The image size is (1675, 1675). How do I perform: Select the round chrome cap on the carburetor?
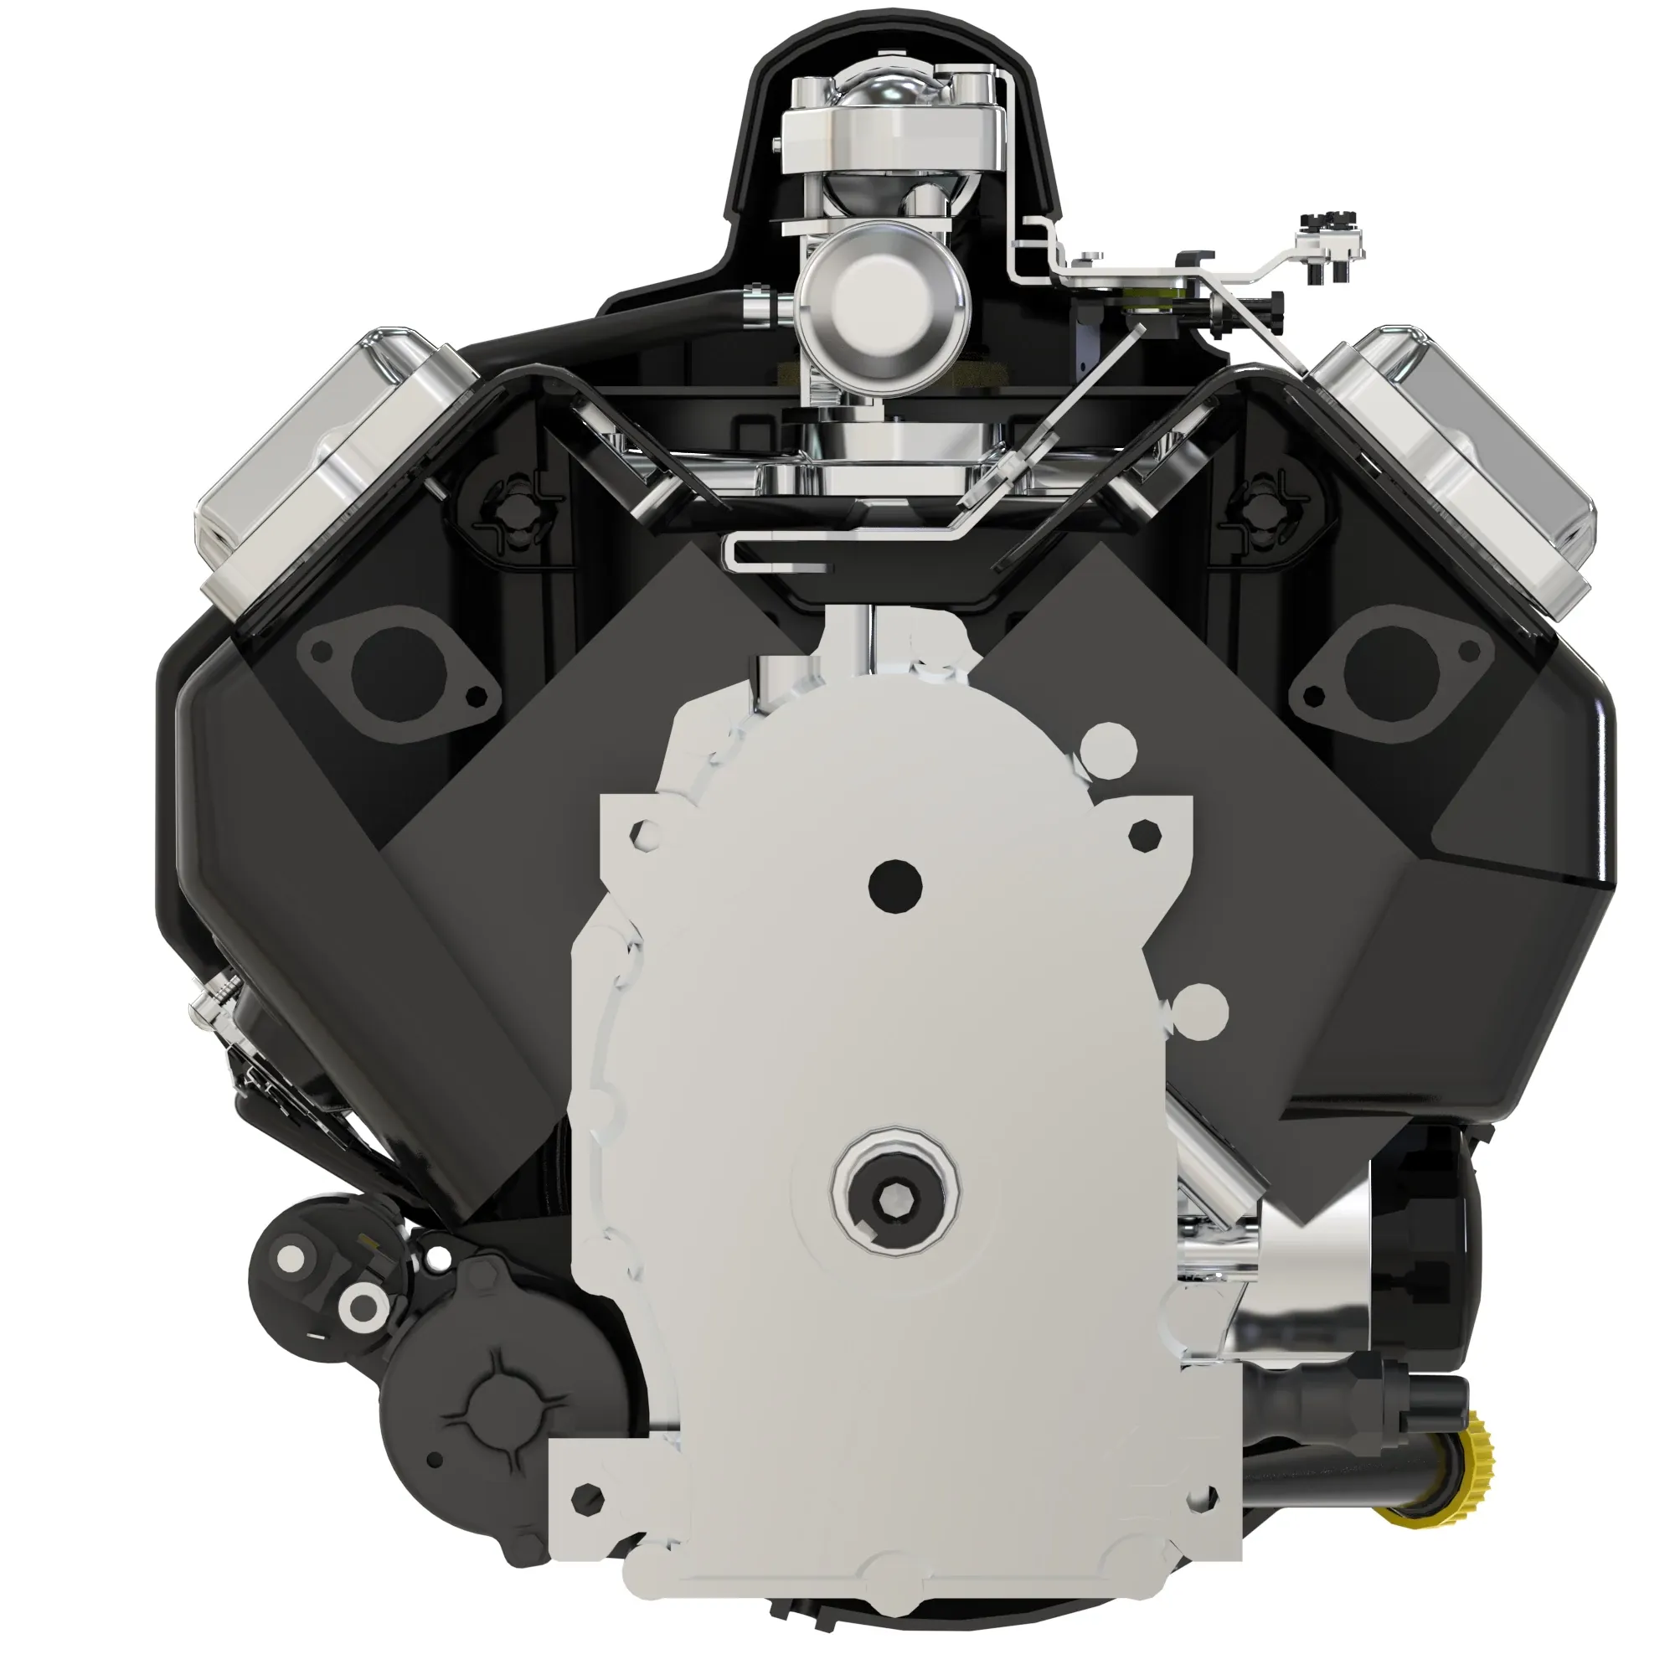(x=883, y=295)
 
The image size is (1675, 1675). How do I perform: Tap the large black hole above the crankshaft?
(x=894, y=884)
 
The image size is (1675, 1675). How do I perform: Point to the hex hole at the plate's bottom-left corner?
(x=590, y=1497)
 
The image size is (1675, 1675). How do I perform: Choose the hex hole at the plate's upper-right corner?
(x=1144, y=835)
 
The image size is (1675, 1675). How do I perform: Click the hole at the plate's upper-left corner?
(x=646, y=834)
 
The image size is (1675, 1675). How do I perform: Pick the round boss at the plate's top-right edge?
(x=1111, y=745)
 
